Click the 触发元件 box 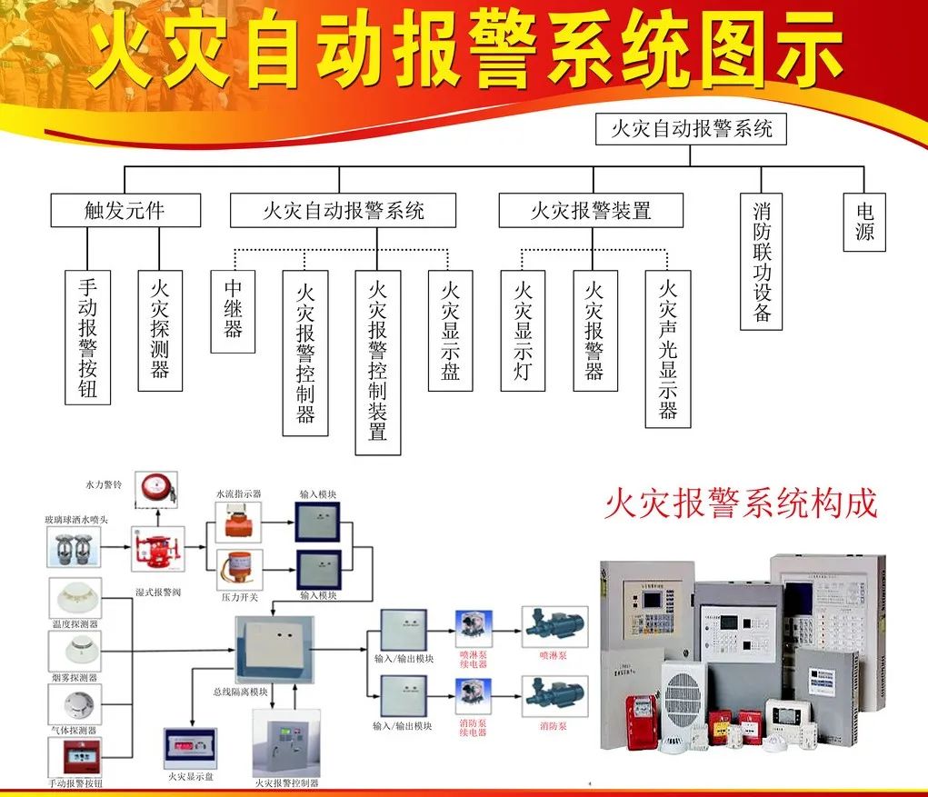click(125, 211)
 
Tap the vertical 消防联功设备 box click(762, 261)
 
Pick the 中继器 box click(233, 311)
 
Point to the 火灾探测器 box click(160, 330)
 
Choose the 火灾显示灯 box click(523, 330)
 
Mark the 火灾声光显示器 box click(668, 348)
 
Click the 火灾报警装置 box click(591, 211)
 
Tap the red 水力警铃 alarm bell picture click(155, 490)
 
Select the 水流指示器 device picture click(239, 522)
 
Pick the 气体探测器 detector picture click(75, 702)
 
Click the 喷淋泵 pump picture click(554, 626)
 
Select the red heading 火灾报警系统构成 click(741, 503)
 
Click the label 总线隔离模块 click(240, 692)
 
